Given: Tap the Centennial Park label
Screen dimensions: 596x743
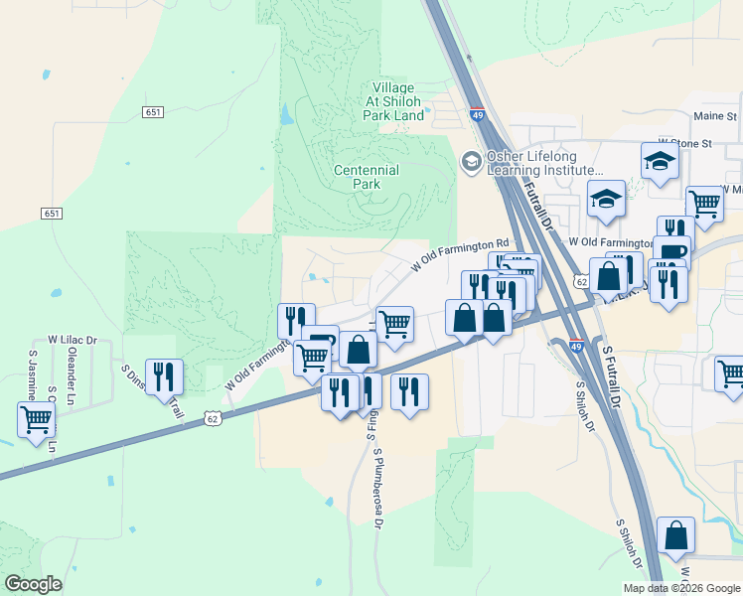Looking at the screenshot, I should [x=367, y=177].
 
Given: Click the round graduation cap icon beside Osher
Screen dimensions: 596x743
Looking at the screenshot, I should [x=471, y=161].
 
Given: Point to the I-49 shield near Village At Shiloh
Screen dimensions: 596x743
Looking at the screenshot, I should [x=477, y=116].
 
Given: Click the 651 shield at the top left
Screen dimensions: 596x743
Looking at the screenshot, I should [x=152, y=112].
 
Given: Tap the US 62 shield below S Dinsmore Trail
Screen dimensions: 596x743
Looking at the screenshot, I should [x=213, y=419].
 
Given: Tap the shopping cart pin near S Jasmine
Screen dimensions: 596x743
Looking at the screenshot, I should [x=37, y=421].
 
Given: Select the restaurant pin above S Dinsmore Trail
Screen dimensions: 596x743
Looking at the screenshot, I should [x=164, y=378].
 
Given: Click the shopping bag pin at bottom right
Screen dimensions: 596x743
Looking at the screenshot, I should [x=675, y=537].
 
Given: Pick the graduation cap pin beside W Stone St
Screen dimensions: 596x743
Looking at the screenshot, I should [x=660, y=163].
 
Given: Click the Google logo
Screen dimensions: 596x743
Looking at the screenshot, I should [x=33, y=584].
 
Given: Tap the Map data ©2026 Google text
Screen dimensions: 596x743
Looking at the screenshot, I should [x=680, y=588].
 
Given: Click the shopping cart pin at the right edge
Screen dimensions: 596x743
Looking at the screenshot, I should [x=732, y=375].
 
